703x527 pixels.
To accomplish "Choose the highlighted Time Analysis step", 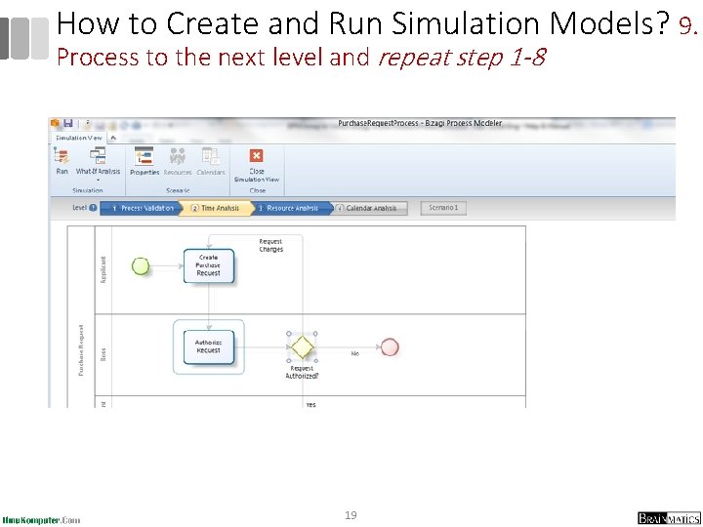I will (x=217, y=208).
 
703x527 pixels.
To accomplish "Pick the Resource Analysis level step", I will (x=291, y=208).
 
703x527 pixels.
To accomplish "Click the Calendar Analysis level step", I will (x=369, y=208).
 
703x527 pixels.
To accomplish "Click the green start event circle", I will (x=141, y=265).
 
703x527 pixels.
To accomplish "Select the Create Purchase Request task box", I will (x=209, y=265).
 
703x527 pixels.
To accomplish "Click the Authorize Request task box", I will (x=209, y=346).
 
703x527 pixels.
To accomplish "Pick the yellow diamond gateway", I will (x=302, y=346).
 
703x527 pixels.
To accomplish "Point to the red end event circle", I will (x=390, y=346).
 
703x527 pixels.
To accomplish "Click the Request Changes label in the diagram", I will (x=271, y=245).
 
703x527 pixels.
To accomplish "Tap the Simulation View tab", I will (x=79, y=138).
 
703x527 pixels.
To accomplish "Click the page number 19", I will (x=351, y=514).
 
